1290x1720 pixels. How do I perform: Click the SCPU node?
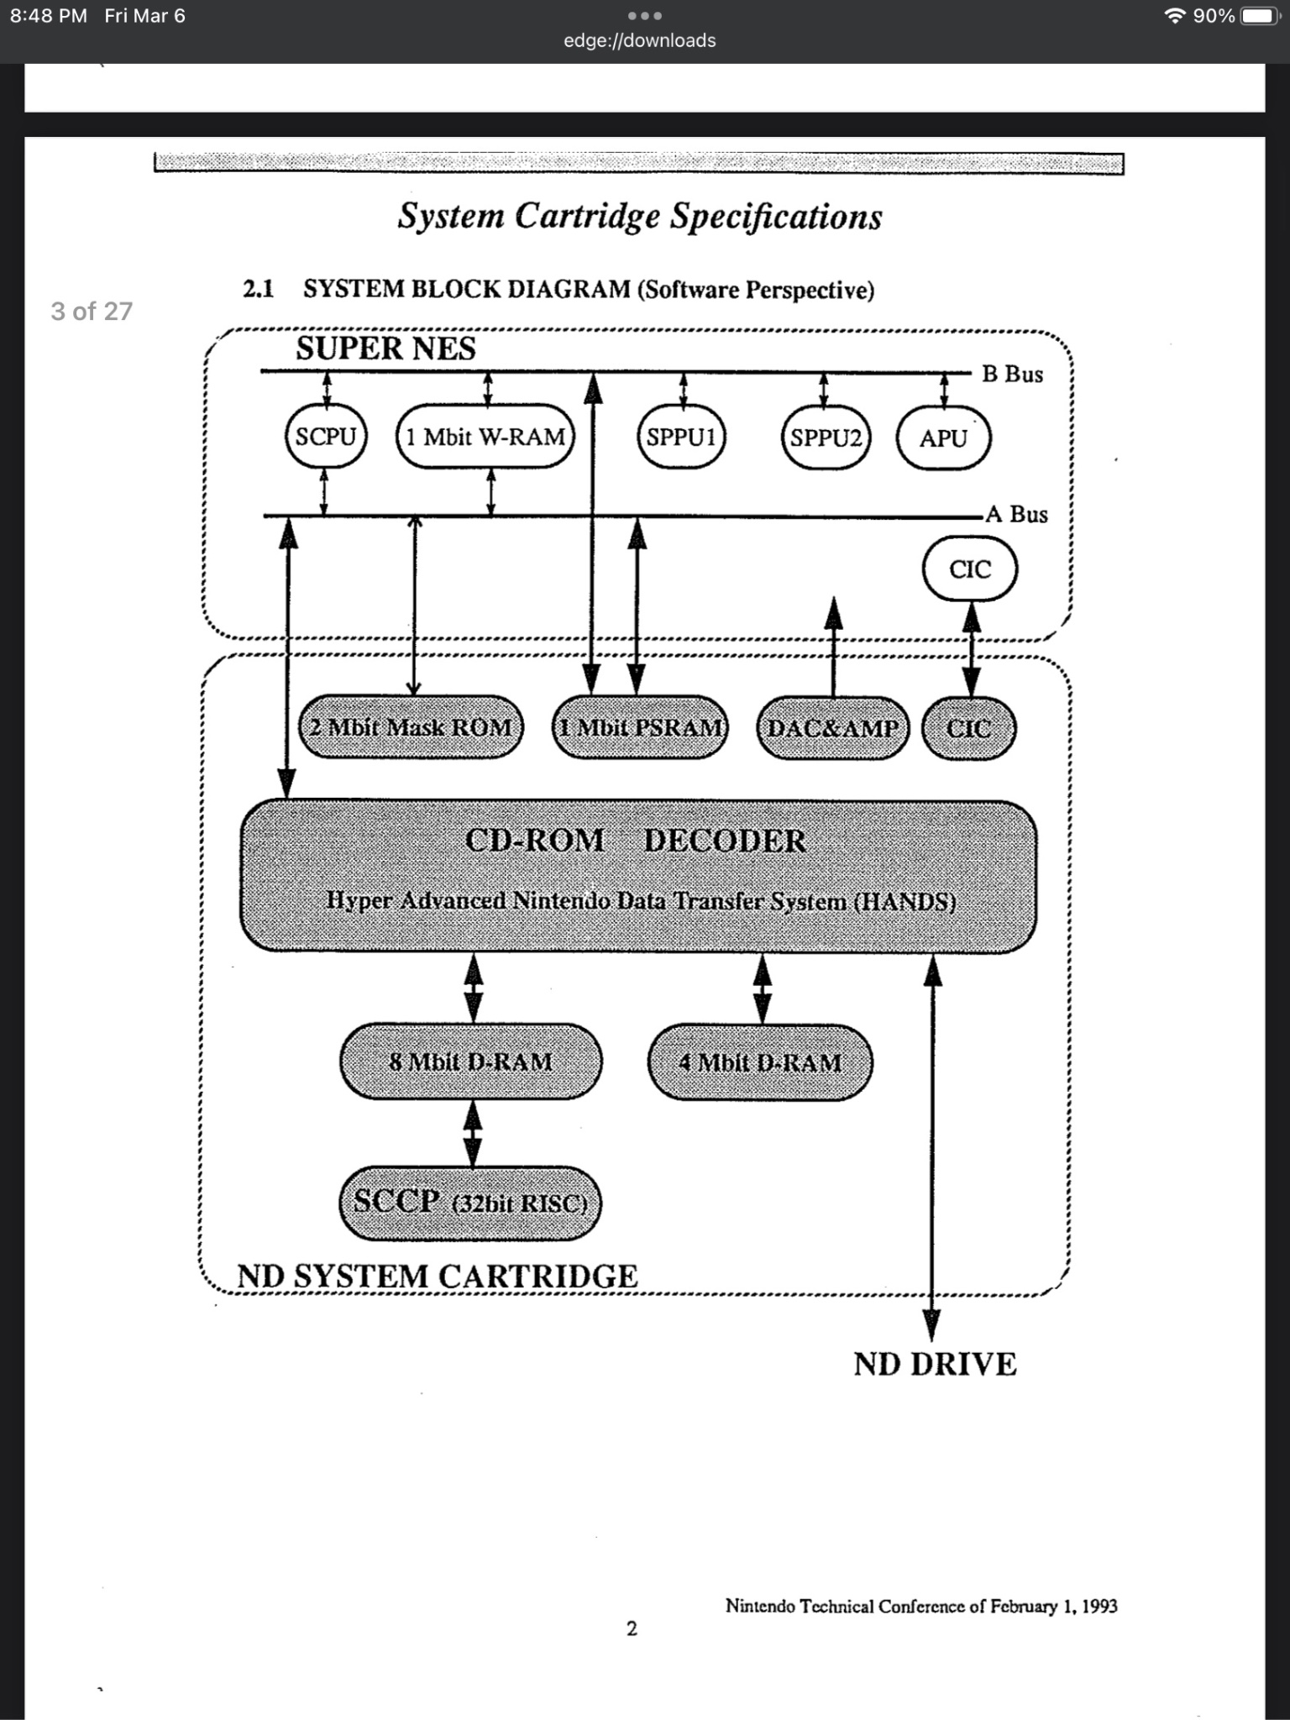(x=326, y=437)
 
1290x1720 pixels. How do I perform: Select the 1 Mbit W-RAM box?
(x=485, y=437)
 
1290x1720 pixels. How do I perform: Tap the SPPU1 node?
(x=681, y=438)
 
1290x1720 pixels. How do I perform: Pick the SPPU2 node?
(x=826, y=438)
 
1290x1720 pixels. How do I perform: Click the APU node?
(x=943, y=438)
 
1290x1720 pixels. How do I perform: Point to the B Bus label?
(x=1013, y=375)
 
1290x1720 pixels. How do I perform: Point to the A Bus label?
(x=1017, y=514)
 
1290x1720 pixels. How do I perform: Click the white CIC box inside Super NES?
(x=970, y=569)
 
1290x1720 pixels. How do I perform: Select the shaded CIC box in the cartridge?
(x=968, y=728)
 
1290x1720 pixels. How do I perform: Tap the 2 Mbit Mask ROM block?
(x=411, y=727)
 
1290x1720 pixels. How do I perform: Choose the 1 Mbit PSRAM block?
(x=640, y=727)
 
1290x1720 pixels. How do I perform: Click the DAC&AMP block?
(x=832, y=728)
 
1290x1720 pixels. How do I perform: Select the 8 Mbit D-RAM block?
(x=471, y=1062)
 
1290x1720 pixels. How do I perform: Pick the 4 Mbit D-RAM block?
(x=760, y=1062)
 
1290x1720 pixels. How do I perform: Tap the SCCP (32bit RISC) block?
(x=470, y=1203)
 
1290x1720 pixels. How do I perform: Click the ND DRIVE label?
(x=935, y=1365)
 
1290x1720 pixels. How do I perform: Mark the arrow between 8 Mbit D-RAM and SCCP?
(x=473, y=1133)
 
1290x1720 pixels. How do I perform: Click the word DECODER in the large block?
(x=725, y=841)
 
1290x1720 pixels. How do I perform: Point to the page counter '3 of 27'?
(x=92, y=312)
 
